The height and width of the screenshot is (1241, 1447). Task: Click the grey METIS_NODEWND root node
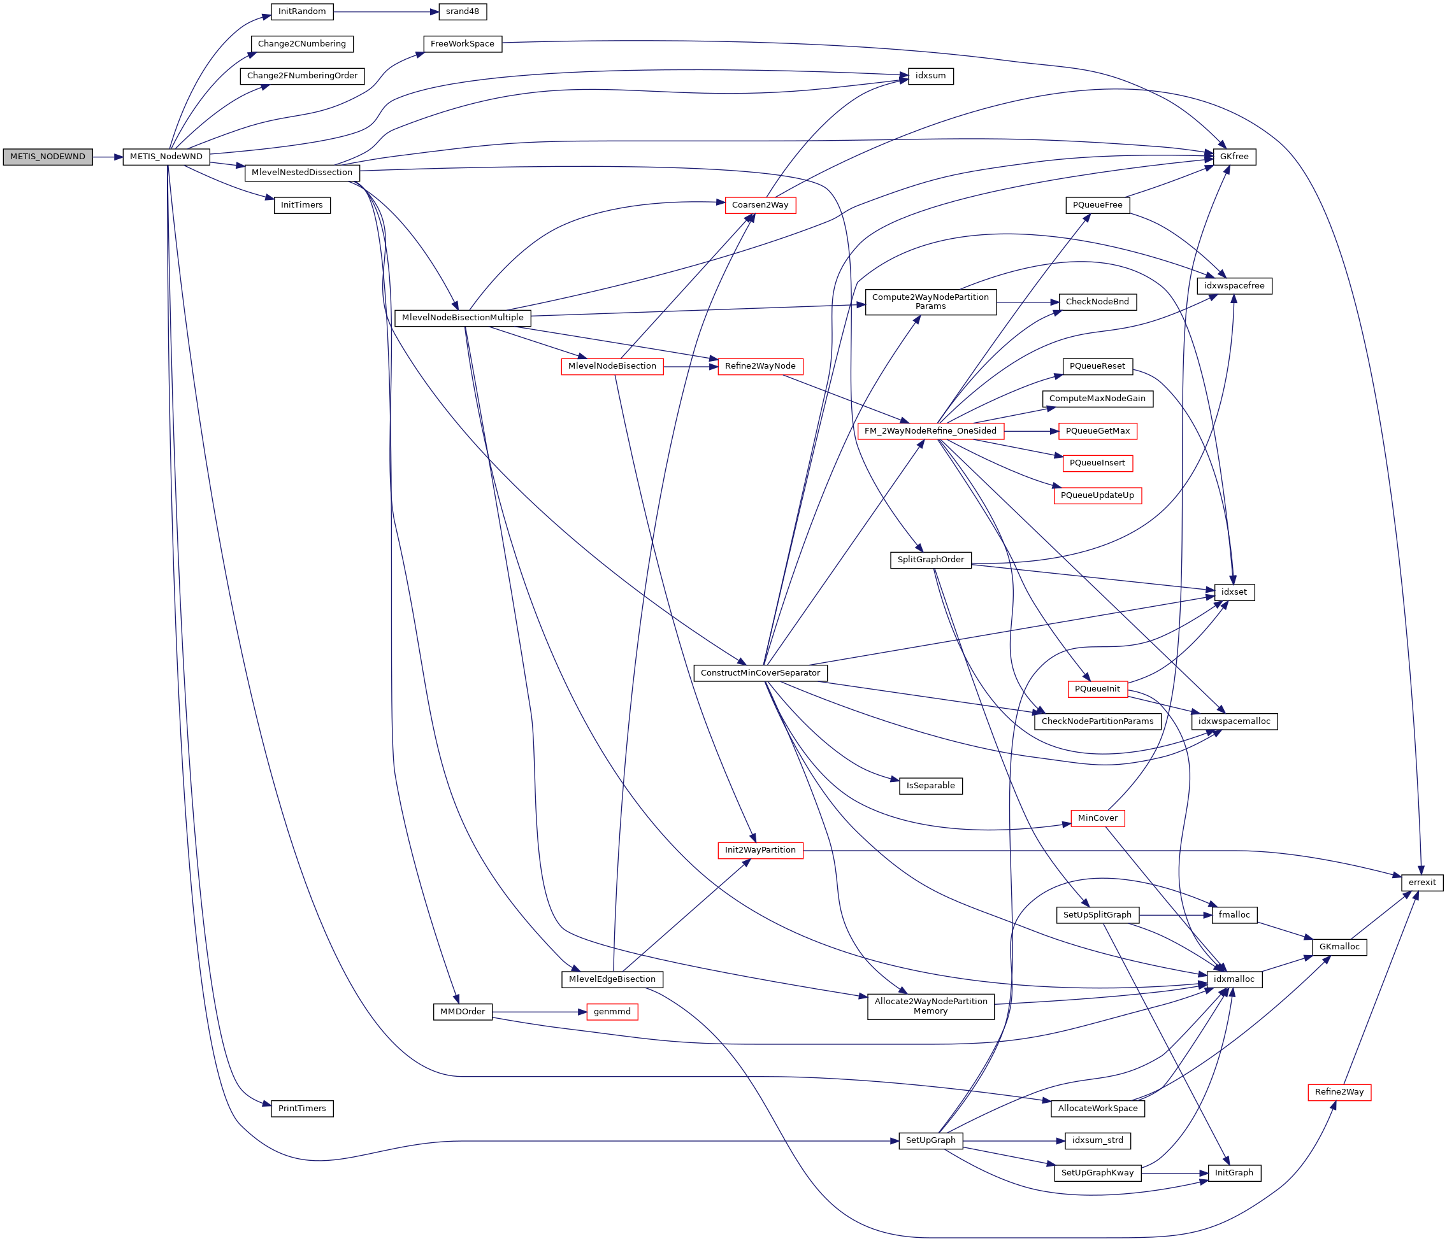(48, 157)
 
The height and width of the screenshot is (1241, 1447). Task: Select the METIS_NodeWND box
(166, 157)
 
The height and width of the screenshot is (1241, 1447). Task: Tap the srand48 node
(463, 12)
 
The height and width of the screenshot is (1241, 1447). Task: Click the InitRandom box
(301, 12)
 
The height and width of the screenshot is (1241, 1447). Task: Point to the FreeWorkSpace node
(463, 44)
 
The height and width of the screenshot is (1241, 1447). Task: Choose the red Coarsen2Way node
(759, 205)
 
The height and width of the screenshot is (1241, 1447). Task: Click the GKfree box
(1234, 157)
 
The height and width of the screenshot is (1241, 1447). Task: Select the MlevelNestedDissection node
(301, 173)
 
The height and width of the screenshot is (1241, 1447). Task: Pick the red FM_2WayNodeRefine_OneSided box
(930, 431)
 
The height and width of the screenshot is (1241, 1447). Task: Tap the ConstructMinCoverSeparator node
(759, 674)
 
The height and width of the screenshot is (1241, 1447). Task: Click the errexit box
(1422, 883)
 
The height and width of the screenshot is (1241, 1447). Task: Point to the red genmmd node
(612, 1012)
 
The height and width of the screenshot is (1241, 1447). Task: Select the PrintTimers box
(301, 1109)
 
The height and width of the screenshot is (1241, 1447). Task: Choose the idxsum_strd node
(1097, 1141)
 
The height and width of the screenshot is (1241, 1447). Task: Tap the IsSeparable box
(930, 786)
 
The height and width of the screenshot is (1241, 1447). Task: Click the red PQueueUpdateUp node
(1097, 496)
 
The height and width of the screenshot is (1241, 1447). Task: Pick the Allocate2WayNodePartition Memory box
(930, 1007)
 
